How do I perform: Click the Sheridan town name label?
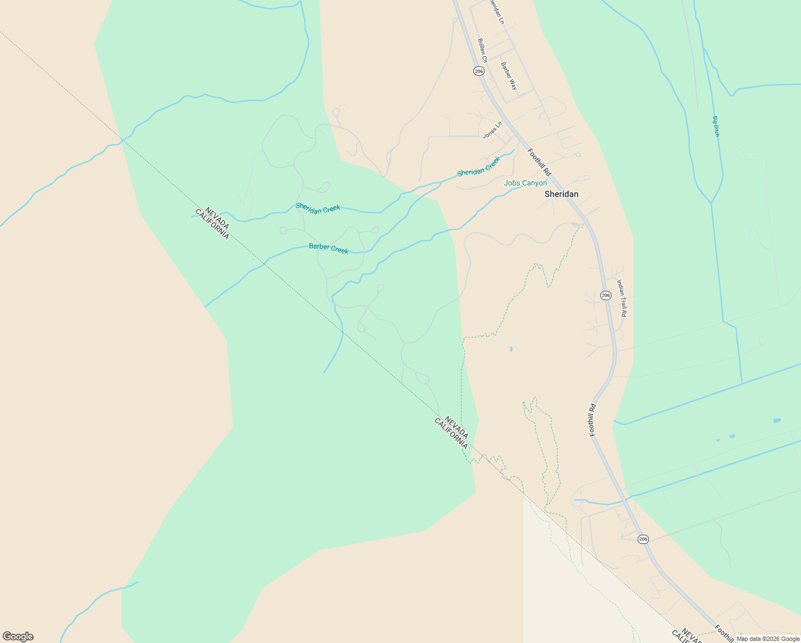[561, 194]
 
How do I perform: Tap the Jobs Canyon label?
[525, 183]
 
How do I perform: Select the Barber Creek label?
[328, 249]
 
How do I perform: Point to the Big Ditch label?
[716, 126]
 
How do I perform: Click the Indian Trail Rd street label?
[622, 297]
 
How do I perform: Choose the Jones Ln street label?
[493, 130]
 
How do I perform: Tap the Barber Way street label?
[509, 76]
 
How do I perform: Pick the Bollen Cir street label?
[482, 50]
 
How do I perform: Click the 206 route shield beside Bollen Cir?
[479, 71]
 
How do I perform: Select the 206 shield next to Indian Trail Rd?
[606, 295]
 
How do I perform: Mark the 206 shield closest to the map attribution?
[643, 539]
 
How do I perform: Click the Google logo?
[18, 637]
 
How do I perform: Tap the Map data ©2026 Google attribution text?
[768, 639]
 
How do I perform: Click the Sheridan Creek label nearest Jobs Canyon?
[478, 167]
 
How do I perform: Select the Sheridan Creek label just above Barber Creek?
[318, 208]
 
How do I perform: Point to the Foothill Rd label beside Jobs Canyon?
[539, 162]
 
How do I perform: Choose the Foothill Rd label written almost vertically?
[592, 420]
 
